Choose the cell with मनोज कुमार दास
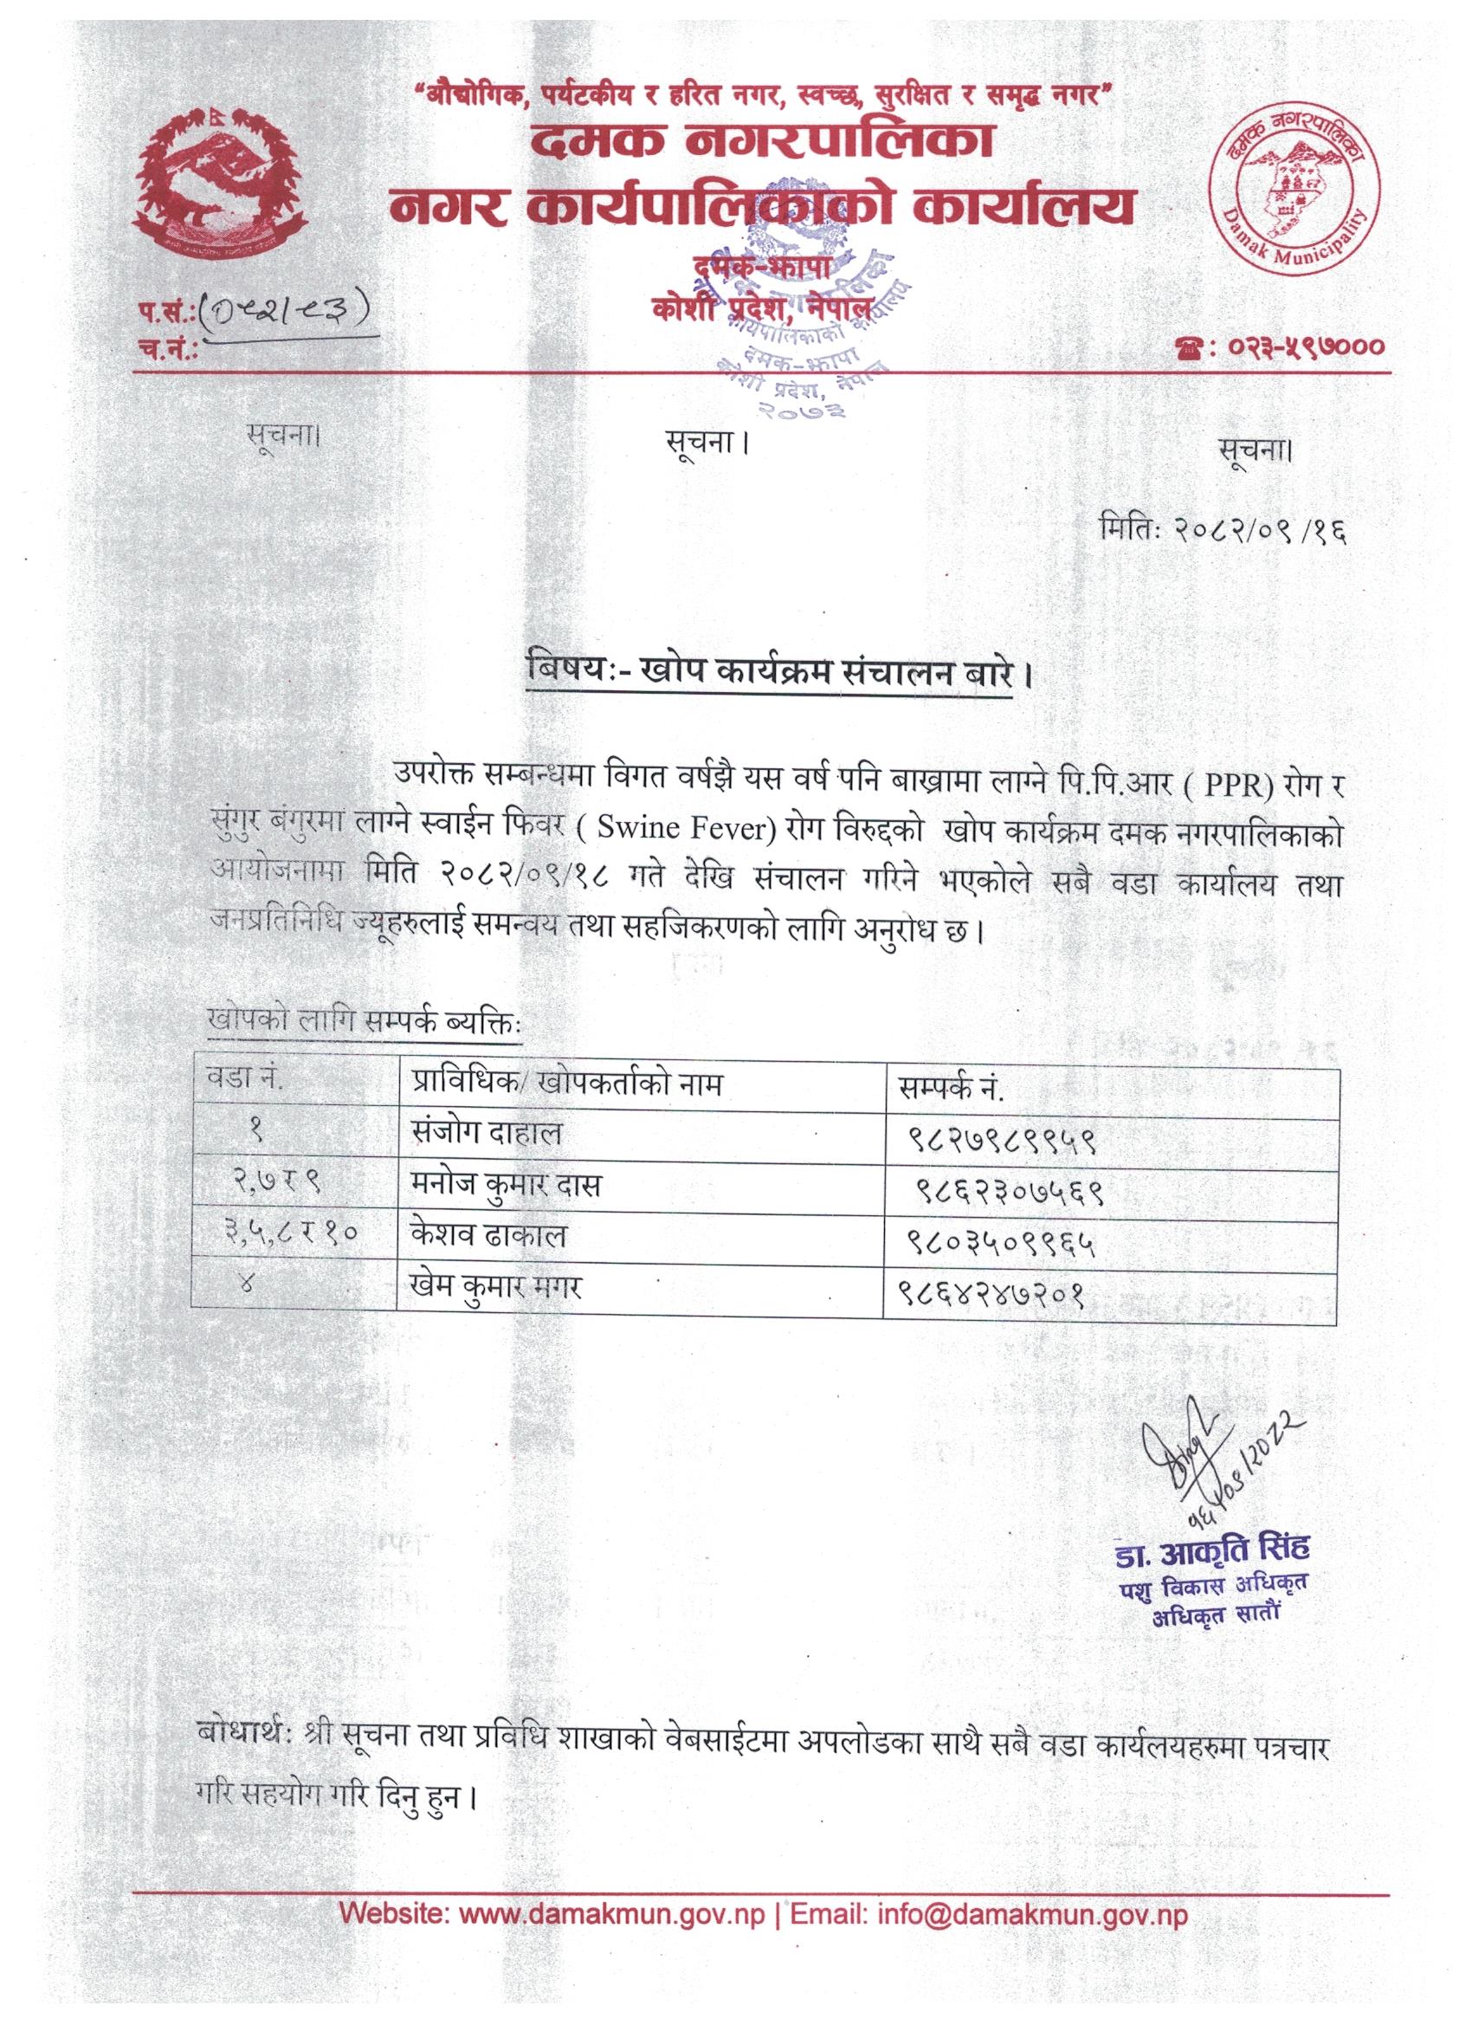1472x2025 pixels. pyautogui.click(x=500, y=1185)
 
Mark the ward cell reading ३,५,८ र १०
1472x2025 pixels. pyautogui.click(x=292, y=1237)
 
